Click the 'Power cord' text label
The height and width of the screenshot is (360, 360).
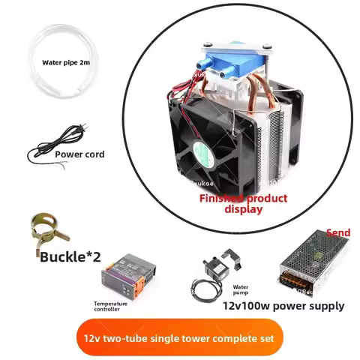[x=79, y=154]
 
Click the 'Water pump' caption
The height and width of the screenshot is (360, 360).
[x=241, y=289]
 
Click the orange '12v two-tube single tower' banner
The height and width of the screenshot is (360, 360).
[x=179, y=337]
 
